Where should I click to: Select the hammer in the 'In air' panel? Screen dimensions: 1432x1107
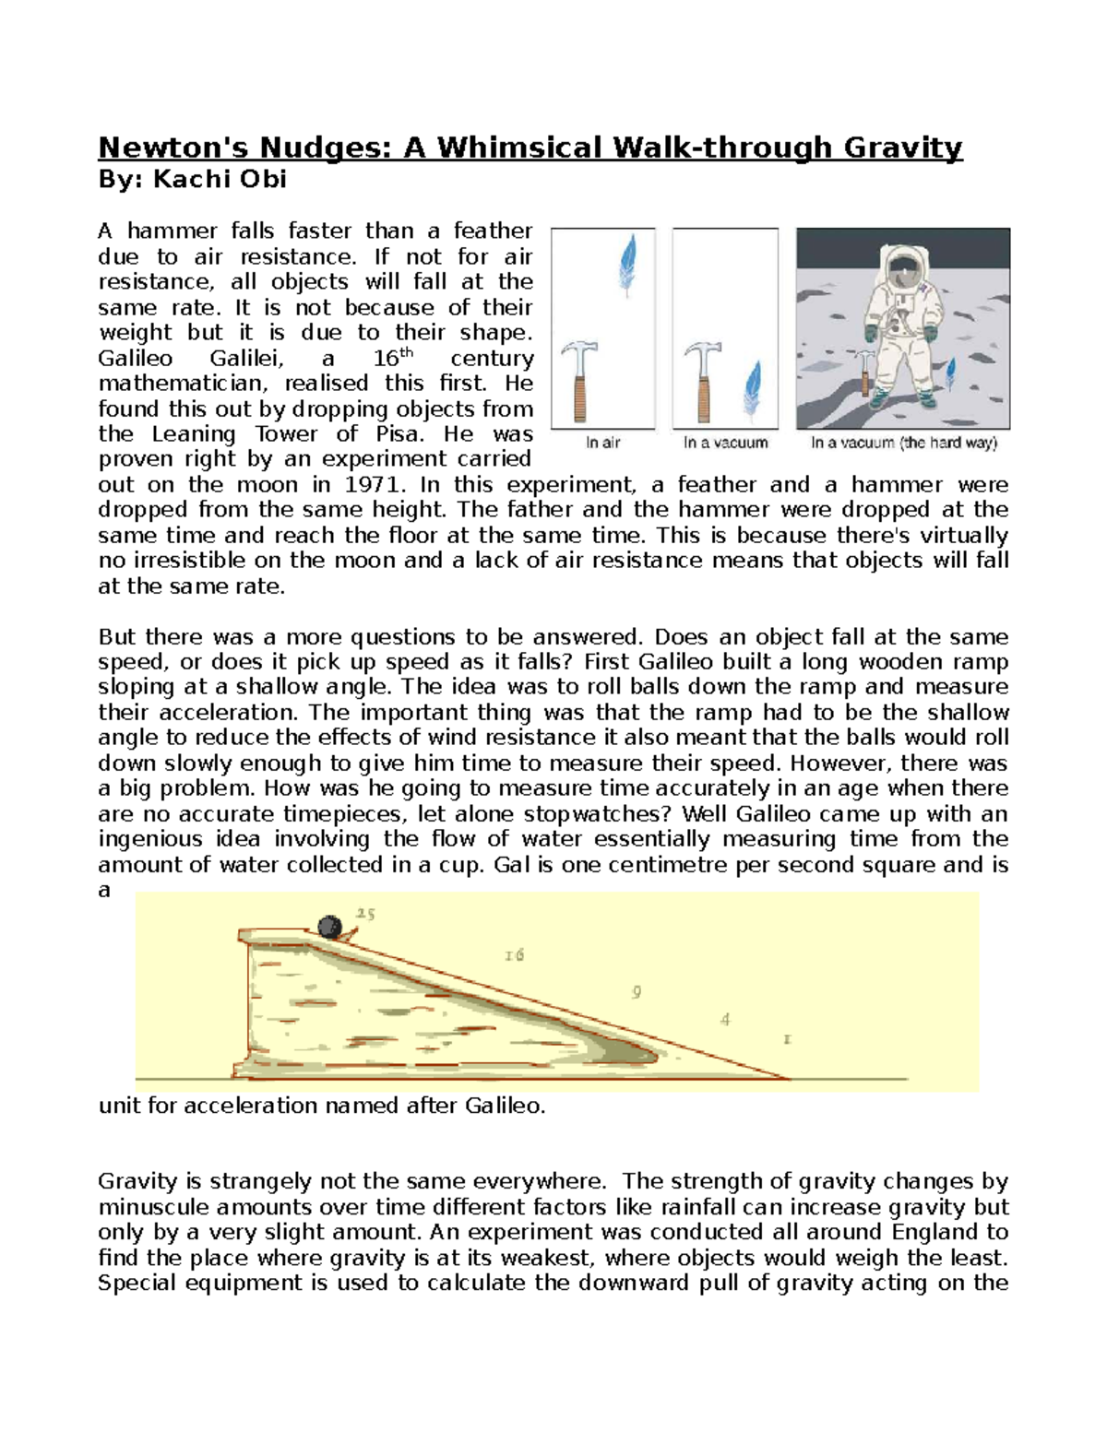pyautogui.click(x=581, y=381)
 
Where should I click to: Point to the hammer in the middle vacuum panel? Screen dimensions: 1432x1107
pyautogui.click(x=706, y=381)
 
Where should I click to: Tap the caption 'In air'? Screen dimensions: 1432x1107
pyautogui.click(x=603, y=444)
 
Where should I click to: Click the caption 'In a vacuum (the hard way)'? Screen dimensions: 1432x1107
pyautogui.click(x=904, y=444)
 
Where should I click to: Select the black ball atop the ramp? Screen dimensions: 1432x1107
pyautogui.click(x=329, y=926)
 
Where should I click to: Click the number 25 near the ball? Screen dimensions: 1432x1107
pyautogui.click(x=365, y=914)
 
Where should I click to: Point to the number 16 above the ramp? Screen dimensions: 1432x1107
pyautogui.click(x=514, y=955)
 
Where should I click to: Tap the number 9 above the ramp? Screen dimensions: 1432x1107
pyautogui.click(x=637, y=992)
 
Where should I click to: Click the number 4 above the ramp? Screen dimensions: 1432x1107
pyautogui.click(x=726, y=1019)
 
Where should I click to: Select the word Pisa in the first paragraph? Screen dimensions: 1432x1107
pyautogui.click(x=395, y=434)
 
